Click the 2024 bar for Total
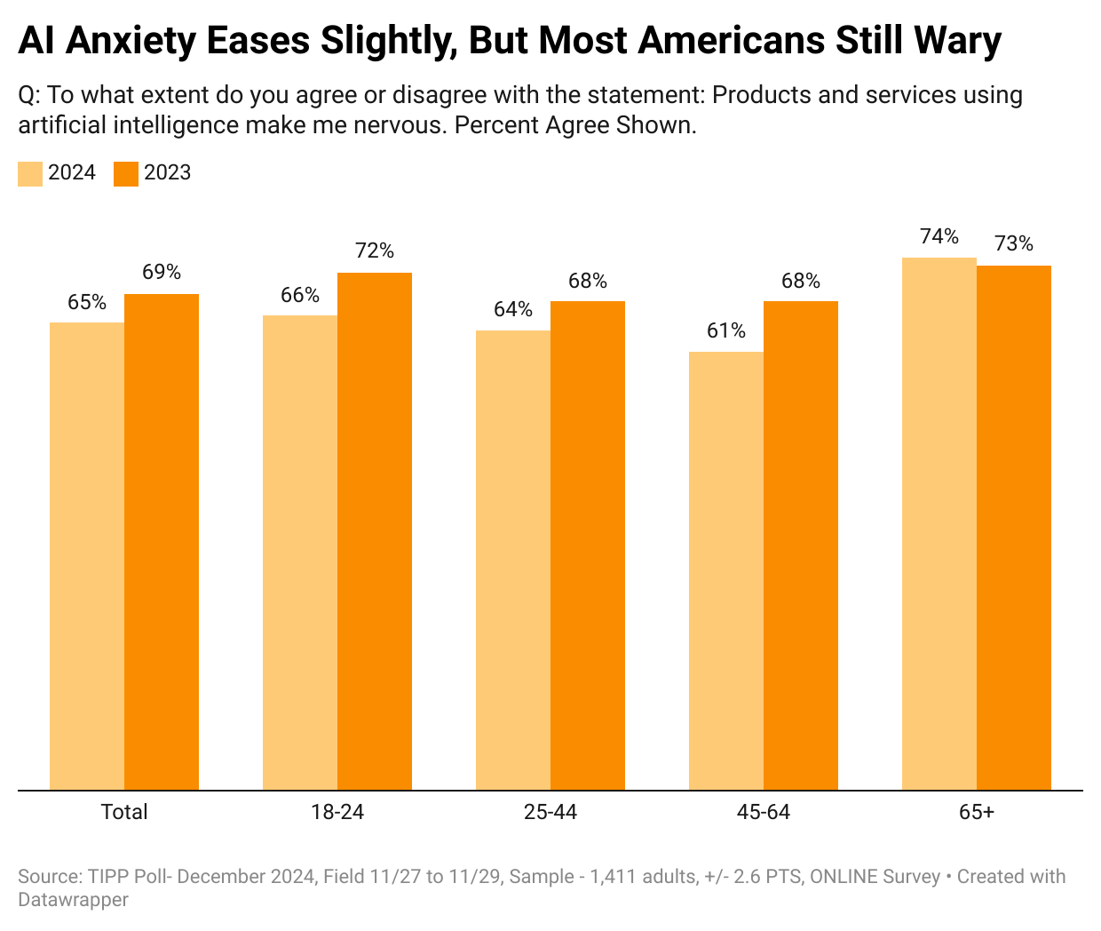tap(87, 556)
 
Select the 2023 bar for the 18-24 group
tap(375, 531)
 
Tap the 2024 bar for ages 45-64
tap(726, 570)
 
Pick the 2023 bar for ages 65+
tap(1014, 528)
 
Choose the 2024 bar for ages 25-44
tap(513, 560)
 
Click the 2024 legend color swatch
tap(30, 173)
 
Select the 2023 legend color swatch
tap(126, 173)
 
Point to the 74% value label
tap(939, 236)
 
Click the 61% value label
tap(726, 330)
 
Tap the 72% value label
tap(375, 251)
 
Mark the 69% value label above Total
tap(162, 272)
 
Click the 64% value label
tap(513, 309)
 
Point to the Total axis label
tap(124, 812)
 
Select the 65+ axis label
tap(977, 812)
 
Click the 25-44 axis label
tap(550, 812)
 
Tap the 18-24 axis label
tap(337, 812)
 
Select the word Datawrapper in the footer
tap(73, 900)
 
